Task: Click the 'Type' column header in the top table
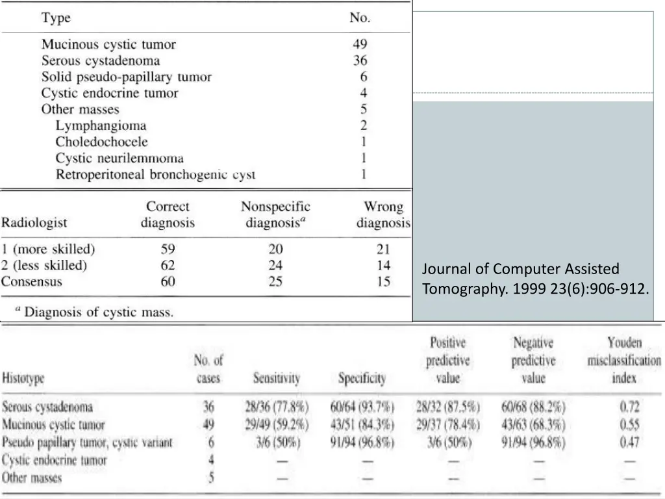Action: [x=56, y=18]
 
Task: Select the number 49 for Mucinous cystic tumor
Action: [x=360, y=44]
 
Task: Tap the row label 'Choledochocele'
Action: [x=101, y=142]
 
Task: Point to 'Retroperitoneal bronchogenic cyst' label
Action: [x=155, y=174]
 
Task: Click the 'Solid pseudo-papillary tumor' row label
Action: [x=127, y=77]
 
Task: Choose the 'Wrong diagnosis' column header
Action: [x=383, y=215]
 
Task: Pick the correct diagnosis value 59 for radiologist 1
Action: [x=168, y=249]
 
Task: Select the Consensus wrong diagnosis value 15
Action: [x=383, y=281]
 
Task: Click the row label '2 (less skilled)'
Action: [x=44, y=265]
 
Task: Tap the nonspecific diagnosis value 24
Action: [x=275, y=265]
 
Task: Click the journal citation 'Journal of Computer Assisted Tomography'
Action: [x=535, y=279]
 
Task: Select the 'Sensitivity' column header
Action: [x=277, y=378]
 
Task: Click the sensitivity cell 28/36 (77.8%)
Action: [x=277, y=407]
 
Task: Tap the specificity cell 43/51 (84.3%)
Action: [x=362, y=425]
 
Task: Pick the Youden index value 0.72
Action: [x=629, y=407]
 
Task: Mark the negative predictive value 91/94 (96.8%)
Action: [x=533, y=442]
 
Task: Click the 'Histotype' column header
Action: [x=29, y=378]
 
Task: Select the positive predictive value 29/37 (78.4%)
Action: [x=447, y=425]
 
